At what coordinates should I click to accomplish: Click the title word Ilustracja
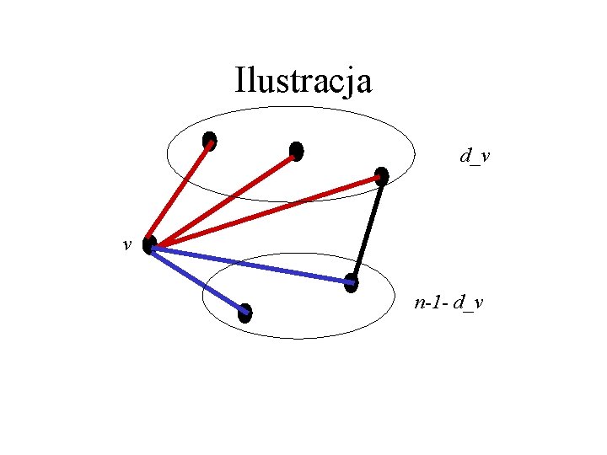point(303,82)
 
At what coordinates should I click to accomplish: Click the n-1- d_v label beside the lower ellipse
point(449,302)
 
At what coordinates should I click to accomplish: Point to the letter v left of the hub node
point(126,245)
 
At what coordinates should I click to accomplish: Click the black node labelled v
point(149,245)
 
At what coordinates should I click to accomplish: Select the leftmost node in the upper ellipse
point(209,141)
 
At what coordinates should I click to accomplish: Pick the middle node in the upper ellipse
point(296,151)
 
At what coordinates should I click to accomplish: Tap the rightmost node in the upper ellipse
point(382,176)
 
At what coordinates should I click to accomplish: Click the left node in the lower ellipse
point(244,313)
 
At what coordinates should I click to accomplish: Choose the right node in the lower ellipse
point(352,284)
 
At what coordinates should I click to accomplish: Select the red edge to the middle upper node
point(223,198)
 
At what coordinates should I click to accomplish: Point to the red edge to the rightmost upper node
point(266,211)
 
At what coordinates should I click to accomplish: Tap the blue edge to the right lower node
point(253,265)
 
